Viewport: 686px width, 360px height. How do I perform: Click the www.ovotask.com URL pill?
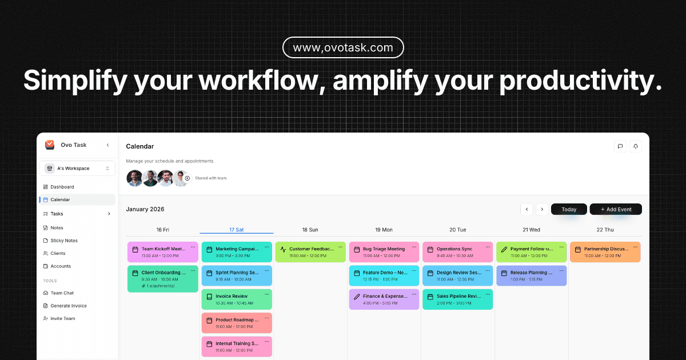[343, 48]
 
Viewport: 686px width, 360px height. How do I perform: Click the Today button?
[569, 209]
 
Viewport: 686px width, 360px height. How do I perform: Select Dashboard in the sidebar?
[62, 187]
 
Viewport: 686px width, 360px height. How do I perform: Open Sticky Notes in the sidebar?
[64, 241]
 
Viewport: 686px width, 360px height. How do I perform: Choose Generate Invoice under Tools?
[68, 306]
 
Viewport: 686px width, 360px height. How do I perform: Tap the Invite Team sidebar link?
[62, 318]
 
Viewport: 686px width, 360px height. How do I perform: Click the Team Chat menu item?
[62, 293]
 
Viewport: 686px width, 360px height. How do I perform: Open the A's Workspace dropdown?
[77, 169]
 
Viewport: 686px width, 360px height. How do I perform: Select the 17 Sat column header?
[236, 230]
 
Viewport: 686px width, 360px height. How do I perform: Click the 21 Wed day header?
[531, 230]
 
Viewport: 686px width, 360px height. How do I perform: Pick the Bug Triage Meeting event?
[384, 252]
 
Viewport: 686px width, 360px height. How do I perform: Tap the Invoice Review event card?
[236, 299]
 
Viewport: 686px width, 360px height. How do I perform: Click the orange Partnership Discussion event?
[605, 252]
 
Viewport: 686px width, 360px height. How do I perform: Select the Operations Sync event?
[457, 252]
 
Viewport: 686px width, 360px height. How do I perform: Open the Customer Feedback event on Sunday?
[310, 252]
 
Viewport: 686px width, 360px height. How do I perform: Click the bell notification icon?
[635, 146]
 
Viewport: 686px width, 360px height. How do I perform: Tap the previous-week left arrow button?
[527, 209]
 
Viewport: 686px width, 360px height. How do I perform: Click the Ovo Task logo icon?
[50, 145]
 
